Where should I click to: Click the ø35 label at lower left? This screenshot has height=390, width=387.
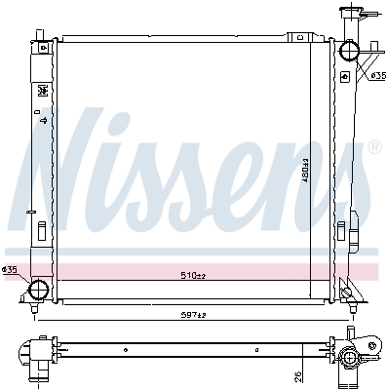pos(12,269)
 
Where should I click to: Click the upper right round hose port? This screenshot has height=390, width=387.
pos(353,53)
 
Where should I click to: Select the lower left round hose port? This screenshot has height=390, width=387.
pos(39,290)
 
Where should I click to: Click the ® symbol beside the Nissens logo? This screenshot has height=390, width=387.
pos(374,148)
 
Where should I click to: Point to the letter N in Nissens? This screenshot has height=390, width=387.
pos(73,156)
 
